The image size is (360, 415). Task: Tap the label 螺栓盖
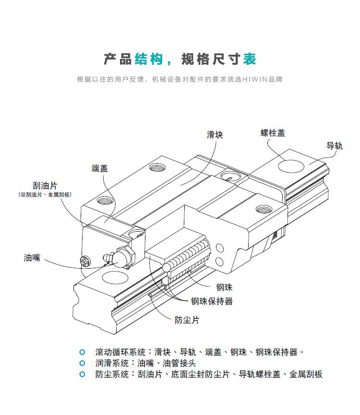pyautogui.click(x=273, y=133)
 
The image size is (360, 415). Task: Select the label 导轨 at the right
pyautogui.click(x=335, y=146)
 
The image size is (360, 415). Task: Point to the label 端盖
pyautogui.click(x=100, y=168)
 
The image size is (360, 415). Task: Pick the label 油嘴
pyautogui.click(x=32, y=258)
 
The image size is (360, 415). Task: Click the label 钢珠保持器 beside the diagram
pyautogui.click(x=212, y=301)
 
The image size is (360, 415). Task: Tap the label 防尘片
pyautogui.click(x=187, y=320)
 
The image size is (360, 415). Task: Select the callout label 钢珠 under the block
pyautogui.click(x=224, y=287)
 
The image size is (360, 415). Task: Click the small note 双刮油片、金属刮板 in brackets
pyautogui.click(x=45, y=195)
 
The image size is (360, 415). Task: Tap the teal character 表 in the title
pyautogui.click(x=250, y=59)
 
